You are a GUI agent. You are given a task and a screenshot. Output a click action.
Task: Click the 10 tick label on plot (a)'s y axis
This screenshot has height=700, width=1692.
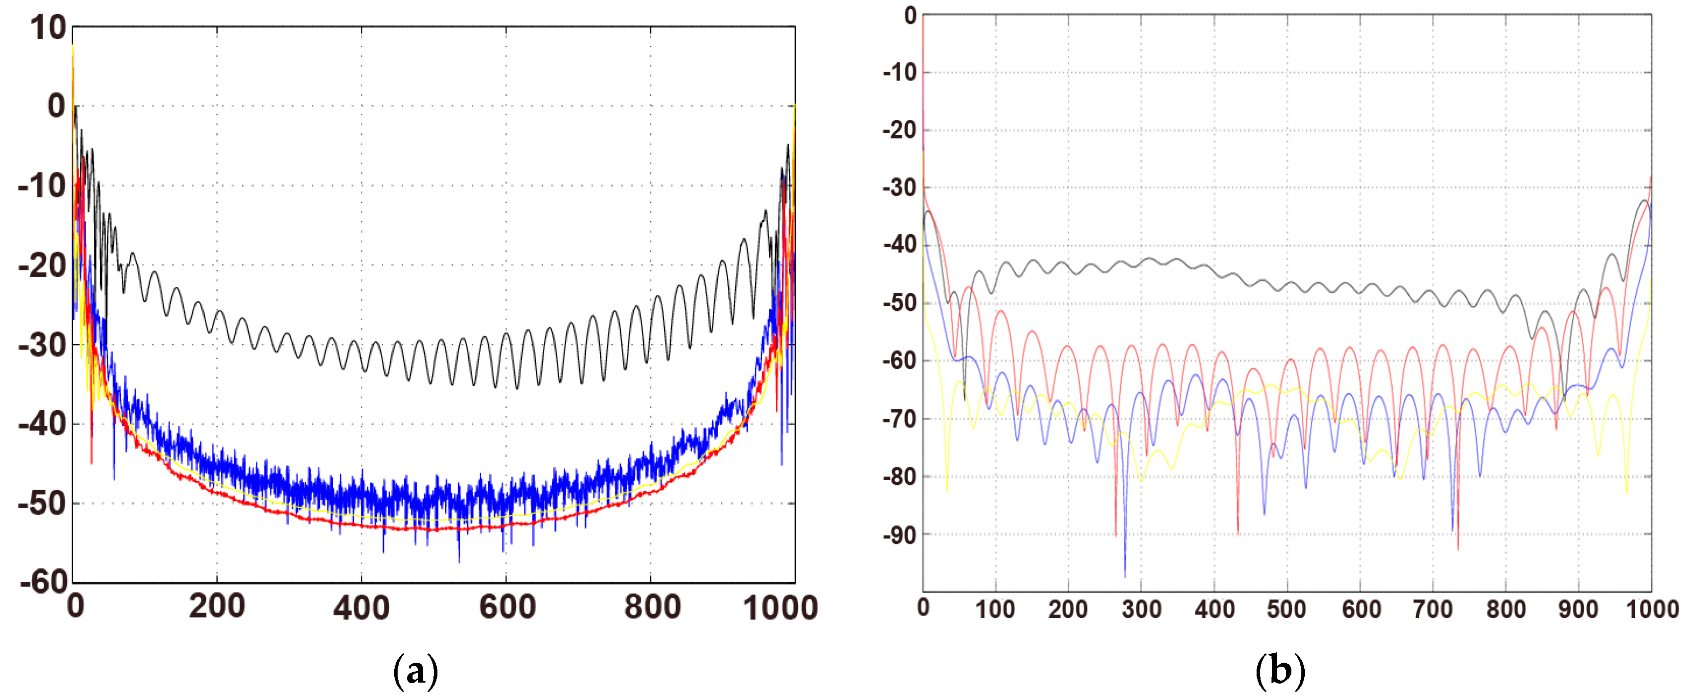tap(47, 29)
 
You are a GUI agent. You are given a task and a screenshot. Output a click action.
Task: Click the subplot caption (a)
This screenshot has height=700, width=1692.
tap(415, 672)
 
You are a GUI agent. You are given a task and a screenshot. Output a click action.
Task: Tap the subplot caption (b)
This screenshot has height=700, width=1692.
tap(1279, 672)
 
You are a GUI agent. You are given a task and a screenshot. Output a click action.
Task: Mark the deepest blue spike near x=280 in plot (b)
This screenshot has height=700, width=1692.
tap(1124, 576)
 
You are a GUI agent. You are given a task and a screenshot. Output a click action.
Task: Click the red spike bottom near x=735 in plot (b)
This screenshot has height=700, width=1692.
tap(1457, 548)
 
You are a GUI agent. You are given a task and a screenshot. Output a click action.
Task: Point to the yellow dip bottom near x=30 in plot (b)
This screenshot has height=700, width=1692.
tap(946, 491)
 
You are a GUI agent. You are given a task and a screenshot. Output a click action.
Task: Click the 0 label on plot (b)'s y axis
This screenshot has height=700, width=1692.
tap(911, 16)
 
